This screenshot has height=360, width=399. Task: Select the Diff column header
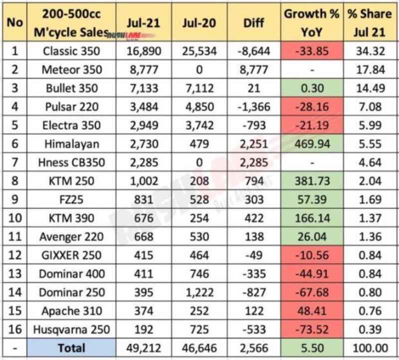point(253,24)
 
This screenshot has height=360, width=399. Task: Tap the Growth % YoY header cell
point(312,23)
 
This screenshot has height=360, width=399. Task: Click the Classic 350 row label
point(71,51)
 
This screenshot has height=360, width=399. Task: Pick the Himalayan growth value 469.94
point(312,144)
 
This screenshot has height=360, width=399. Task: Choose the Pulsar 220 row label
point(71,107)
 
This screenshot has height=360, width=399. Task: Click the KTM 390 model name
point(71,218)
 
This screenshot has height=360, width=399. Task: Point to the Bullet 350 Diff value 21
point(253,88)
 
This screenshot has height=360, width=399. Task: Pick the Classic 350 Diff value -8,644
point(253,51)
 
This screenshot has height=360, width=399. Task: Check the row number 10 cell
point(13,218)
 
